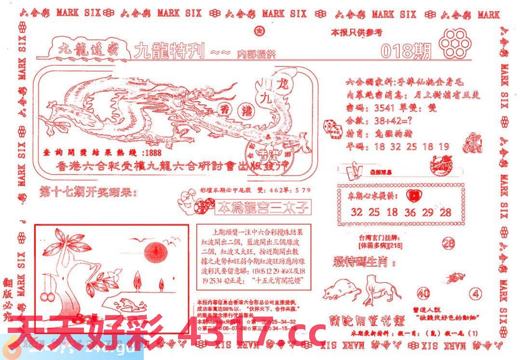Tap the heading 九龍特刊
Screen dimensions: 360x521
(x=170, y=51)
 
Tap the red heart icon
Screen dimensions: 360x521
(x=413, y=195)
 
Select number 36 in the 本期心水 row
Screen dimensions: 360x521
(x=410, y=212)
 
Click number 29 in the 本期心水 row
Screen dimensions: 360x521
(x=428, y=212)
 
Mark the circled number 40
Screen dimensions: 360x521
(x=424, y=293)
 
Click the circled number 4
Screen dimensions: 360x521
(x=477, y=293)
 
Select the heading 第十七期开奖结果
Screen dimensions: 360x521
(x=87, y=194)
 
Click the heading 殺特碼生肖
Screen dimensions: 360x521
(x=364, y=263)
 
